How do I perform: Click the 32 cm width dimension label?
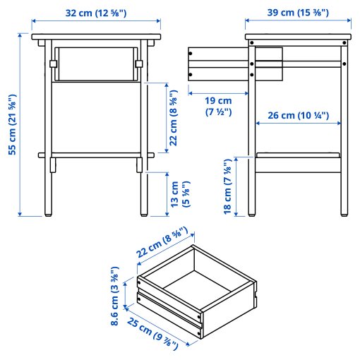96,13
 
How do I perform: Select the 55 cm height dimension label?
13,125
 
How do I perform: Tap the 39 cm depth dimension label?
298,13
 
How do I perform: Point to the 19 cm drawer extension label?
218,106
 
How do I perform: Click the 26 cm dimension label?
299,116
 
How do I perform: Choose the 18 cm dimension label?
228,187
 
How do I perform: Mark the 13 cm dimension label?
180,194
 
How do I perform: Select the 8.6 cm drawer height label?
114,296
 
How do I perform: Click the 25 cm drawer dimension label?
152,333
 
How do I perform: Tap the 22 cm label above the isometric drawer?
162,242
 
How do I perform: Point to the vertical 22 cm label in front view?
174,118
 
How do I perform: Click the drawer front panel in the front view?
96,64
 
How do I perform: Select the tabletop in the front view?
96,37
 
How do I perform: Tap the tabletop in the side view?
298,37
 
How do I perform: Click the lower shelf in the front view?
96,155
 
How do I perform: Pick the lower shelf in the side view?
298,155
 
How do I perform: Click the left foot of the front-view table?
48,215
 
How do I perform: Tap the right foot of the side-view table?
344,215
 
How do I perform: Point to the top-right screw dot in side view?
344,43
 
